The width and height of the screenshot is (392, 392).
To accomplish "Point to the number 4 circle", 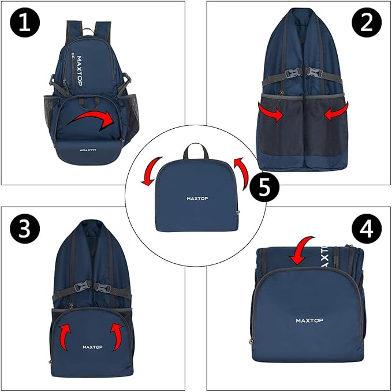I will click(x=367, y=230).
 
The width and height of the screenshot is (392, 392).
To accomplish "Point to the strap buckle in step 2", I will click(x=304, y=73).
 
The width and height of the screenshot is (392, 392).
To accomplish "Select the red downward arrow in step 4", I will click(x=301, y=248).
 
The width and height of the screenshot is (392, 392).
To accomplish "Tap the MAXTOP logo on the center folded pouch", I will click(x=197, y=199).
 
